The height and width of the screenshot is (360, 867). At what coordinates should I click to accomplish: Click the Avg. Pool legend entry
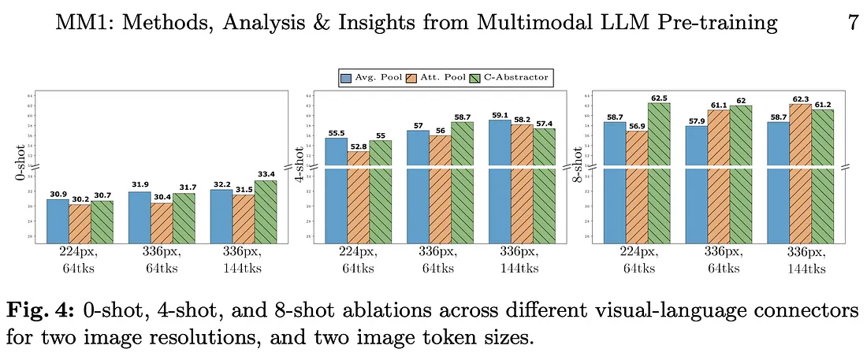click(x=367, y=78)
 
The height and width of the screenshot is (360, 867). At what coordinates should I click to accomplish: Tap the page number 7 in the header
click(x=853, y=23)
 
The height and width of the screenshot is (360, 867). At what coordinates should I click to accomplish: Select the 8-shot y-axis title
click(x=580, y=168)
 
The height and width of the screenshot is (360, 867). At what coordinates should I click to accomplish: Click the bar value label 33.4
click(x=266, y=174)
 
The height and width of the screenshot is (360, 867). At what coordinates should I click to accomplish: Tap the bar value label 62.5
click(x=659, y=97)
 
